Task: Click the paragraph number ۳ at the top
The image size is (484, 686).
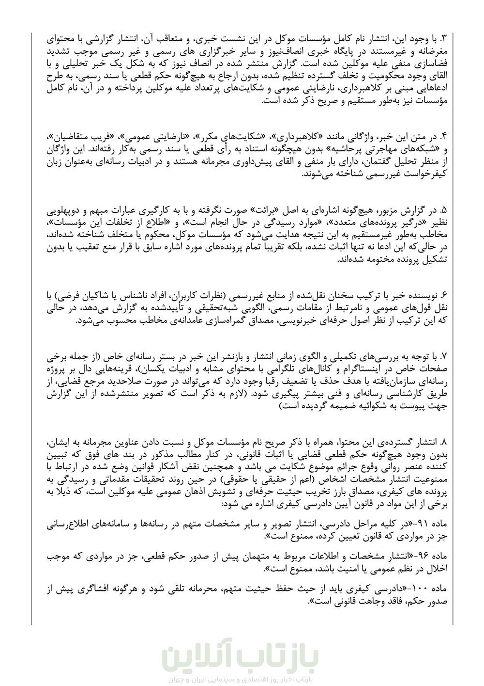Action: tap(445, 38)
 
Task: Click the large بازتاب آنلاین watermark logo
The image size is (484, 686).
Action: tap(242, 654)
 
